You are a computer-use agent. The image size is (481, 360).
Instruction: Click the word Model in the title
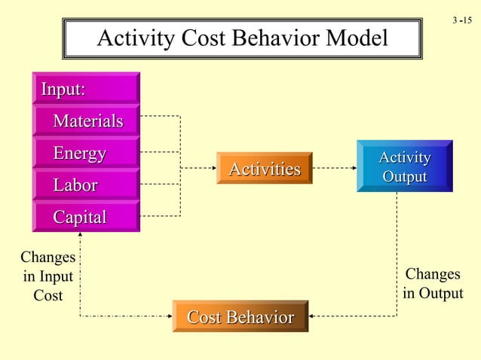pos(353,38)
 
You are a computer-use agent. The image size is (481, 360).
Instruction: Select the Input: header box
pos(86,89)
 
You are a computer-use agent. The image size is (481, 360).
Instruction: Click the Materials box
pos(86,121)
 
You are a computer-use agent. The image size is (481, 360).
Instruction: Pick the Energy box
pos(86,154)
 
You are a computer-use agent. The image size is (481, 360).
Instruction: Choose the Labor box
pos(86,185)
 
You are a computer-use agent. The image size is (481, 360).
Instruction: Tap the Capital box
pos(86,217)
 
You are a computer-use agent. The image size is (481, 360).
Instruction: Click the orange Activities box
pos(264,169)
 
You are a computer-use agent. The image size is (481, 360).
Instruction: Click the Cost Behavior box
pos(240,317)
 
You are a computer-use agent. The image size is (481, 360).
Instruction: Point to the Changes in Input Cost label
pos(47,276)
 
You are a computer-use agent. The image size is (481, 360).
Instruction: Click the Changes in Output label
pos(432,283)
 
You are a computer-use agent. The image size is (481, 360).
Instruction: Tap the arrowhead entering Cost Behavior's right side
pos(313,316)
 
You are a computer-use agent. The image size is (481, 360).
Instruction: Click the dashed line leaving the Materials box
pos(160,117)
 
